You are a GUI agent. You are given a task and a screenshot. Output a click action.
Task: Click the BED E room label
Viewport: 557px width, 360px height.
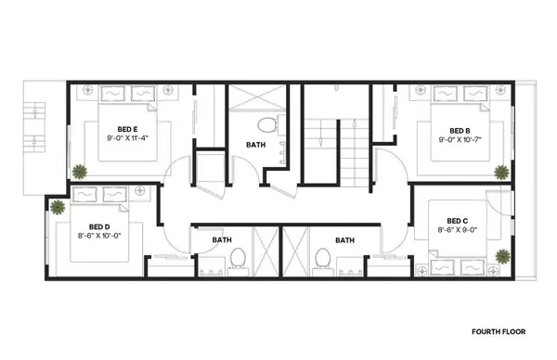click(x=127, y=129)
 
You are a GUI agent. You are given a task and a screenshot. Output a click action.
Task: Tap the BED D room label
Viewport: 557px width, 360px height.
click(x=99, y=226)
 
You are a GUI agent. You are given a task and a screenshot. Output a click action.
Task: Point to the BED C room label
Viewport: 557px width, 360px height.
click(x=458, y=220)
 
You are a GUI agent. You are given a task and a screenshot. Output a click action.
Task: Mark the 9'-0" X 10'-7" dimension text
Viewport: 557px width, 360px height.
click(x=460, y=140)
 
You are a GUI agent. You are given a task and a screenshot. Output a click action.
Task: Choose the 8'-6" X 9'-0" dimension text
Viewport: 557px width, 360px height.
click(x=458, y=230)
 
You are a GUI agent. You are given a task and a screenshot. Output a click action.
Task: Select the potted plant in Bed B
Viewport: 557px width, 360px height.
click(x=502, y=172)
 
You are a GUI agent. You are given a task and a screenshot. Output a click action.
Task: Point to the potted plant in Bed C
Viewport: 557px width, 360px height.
click(x=502, y=256)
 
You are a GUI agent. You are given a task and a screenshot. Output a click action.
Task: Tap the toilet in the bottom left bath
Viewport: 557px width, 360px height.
click(x=237, y=257)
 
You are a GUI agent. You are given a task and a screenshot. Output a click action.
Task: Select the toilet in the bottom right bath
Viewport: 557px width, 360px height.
click(x=323, y=257)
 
